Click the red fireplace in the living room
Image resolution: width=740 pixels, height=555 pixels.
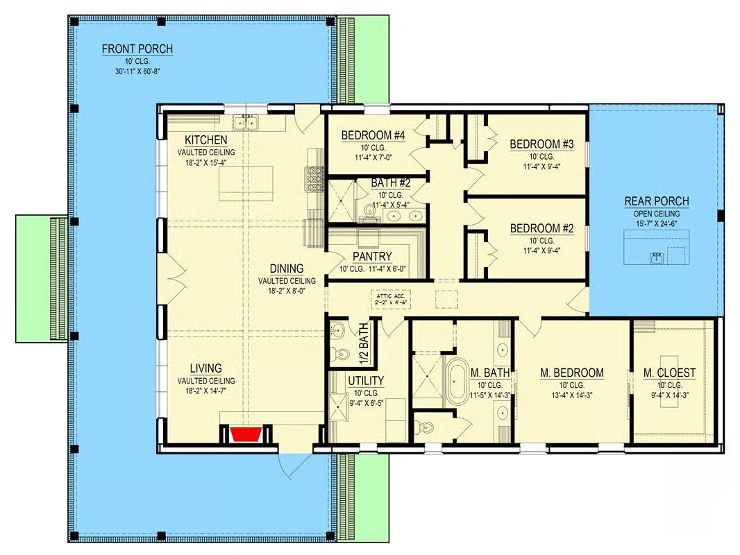246,434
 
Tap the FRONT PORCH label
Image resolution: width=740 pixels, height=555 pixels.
137,49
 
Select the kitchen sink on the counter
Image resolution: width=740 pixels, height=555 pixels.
246,123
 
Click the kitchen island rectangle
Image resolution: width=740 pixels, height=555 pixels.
246,183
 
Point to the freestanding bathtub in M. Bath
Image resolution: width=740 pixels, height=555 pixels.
455,382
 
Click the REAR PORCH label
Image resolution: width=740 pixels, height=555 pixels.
657,201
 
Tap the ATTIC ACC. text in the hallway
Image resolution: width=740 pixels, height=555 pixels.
391,296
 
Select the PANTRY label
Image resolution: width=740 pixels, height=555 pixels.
372,257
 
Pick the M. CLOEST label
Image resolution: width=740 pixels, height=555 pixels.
669,373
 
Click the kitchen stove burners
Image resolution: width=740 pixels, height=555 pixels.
314,179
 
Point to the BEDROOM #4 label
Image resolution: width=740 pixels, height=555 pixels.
373,136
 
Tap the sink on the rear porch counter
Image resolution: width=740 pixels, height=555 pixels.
657,258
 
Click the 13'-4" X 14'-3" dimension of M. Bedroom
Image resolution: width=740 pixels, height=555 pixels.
571,395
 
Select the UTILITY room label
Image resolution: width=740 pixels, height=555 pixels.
366,381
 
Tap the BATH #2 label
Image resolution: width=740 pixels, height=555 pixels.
390,182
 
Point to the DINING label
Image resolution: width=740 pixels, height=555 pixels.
287,268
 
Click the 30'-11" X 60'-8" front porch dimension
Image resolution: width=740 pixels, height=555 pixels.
137,71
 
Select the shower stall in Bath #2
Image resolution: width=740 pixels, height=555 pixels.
341,200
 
